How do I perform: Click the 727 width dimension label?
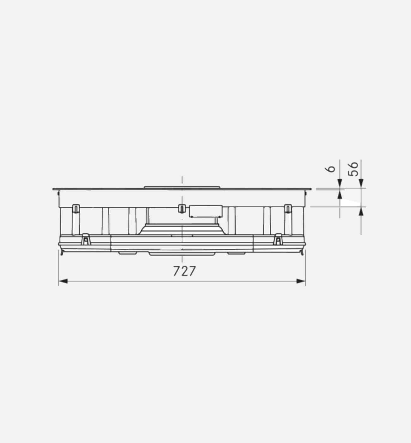(x=185, y=271)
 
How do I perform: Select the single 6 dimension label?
(x=330, y=169)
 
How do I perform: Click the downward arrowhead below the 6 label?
(x=340, y=183)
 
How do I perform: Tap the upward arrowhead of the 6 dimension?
(x=340, y=195)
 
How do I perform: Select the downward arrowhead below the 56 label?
(x=361, y=183)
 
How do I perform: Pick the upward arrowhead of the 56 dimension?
(x=361, y=211)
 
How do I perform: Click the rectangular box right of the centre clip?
(x=206, y=211)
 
